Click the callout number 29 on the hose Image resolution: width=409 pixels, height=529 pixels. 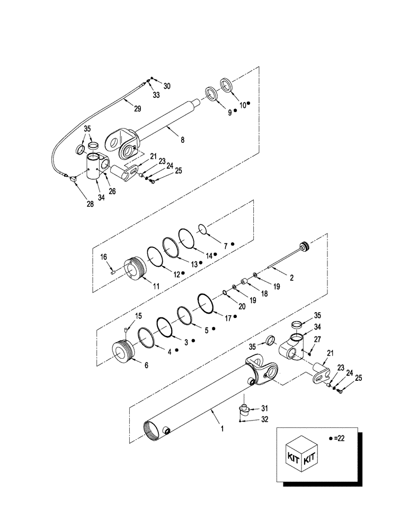pos(137,108)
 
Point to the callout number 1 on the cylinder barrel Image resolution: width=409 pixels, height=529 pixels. pos(222,429)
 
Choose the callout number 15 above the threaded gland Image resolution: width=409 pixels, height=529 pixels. pos(139,316)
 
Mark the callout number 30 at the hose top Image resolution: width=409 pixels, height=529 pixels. pos(167,86)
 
